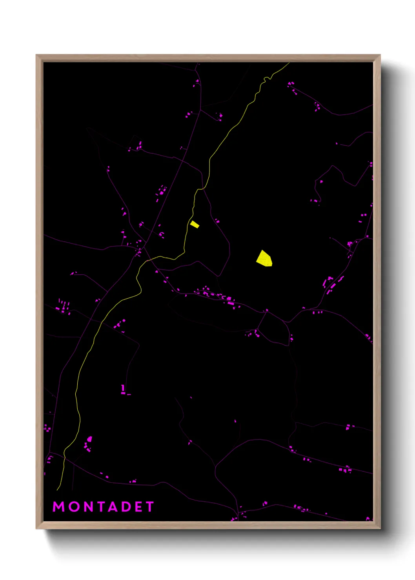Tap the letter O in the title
coord(74,507)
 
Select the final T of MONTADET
coord(150,507)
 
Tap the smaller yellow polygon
coord(195,224)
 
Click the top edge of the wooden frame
coord(208,58)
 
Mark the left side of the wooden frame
coord(39,292)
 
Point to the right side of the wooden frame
coord(377,292)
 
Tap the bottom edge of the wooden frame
coord(208,525)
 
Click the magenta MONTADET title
coord(104,507)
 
